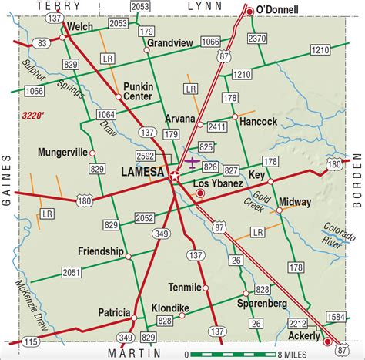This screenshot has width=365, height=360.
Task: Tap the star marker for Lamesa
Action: coord(175,177)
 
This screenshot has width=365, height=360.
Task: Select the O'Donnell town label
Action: coord(283,9)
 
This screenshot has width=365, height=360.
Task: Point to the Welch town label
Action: coord(80,25)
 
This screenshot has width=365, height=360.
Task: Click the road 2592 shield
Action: coord(145,156)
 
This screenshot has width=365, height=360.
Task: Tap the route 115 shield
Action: coord(29,341)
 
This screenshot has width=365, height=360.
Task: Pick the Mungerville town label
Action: coord(62,153)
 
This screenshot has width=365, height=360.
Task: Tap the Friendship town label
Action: coord(100,252)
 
